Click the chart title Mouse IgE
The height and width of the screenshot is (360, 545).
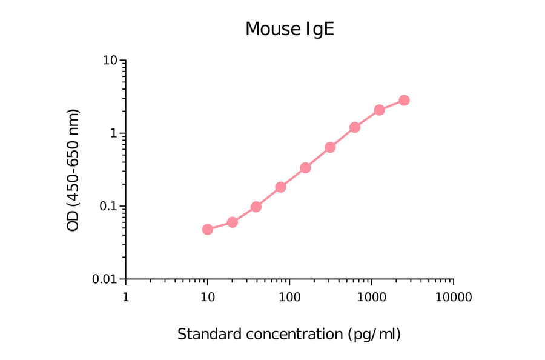289,29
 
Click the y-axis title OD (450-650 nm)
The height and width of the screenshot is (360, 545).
73,170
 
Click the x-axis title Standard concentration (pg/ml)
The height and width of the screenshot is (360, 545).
289,334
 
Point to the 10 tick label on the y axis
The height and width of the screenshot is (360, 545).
110,61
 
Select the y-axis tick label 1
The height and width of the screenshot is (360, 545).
113,133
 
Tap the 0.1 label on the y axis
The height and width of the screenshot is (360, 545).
107,206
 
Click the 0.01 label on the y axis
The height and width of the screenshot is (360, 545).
104,279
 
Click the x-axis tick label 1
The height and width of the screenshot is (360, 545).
125,297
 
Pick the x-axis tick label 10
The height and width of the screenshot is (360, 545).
207,297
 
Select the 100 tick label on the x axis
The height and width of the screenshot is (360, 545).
289,297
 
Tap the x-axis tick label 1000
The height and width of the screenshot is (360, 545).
371,297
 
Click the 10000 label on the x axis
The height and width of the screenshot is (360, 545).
453,297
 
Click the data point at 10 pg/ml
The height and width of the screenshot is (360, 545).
207,229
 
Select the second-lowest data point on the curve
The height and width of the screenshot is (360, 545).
232,222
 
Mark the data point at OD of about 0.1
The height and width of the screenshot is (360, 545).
256,207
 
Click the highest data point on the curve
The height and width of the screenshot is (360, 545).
404,100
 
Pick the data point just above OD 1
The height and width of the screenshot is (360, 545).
355,127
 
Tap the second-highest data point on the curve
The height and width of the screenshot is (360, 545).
379,110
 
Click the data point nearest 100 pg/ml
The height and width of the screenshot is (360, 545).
281,187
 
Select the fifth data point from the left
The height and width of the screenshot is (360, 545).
305,167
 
